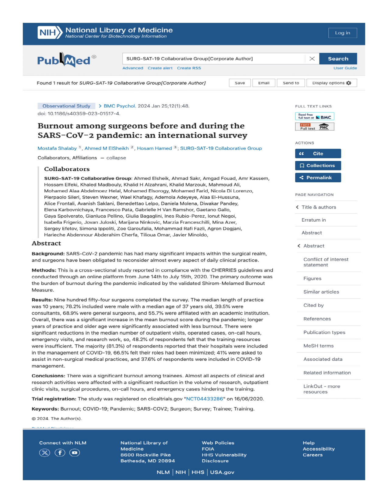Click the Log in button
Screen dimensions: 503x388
(342, 33)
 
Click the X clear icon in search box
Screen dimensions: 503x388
(312, 59)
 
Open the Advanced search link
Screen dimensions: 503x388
(133, 68)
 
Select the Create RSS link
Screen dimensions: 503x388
(189, 68)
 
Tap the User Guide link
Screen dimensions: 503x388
(345, 68)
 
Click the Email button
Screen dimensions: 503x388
(264, 83)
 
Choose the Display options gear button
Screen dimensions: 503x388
(331, 83)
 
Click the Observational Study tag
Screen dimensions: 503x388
(66, 106)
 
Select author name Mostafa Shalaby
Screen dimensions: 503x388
(57, 148)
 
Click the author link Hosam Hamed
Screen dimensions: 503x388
(154, 148)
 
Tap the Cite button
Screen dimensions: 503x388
(318, 154)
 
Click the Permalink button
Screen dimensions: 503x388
(318, 178)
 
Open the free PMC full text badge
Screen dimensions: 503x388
(314, 127)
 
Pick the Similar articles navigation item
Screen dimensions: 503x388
(321, 292)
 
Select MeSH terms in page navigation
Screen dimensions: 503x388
(318, 346)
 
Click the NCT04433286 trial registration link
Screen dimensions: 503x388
(204, 399)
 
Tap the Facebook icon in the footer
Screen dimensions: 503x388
(60, 453)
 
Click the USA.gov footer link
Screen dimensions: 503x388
(222, 472)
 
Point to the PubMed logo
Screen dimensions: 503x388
(64, 60)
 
